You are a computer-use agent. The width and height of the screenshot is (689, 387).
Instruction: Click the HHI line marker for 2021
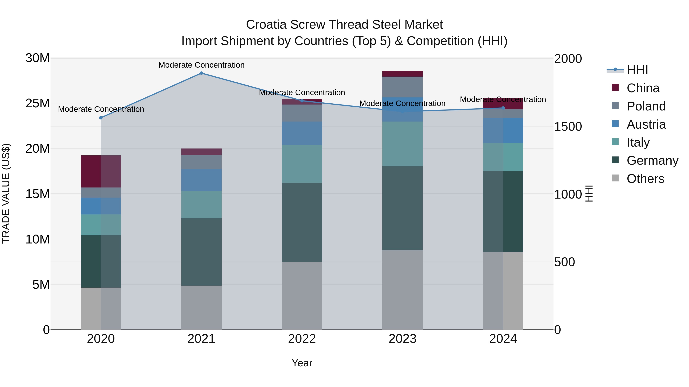point(201,73)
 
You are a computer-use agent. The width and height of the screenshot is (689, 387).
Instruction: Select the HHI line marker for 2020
point(101,118)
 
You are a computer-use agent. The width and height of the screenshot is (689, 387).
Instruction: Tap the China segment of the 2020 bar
point(101,171)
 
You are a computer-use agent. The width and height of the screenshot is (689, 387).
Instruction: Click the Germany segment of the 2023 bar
point(402,208)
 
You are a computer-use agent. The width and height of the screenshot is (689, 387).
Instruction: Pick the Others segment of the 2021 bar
point(201,307)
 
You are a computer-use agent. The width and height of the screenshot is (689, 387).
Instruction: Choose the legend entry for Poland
point(646,106)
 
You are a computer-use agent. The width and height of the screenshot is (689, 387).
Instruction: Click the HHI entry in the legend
point(637,70)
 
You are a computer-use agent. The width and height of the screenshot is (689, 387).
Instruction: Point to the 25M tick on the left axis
point(38,103)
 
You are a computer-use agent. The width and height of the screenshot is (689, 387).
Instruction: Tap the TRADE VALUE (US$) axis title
point(6,193)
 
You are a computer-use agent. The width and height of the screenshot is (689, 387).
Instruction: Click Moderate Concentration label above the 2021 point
point(201,65)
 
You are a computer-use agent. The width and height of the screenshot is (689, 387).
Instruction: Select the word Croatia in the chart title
point(266,25)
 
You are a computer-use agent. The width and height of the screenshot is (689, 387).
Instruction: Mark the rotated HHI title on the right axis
point(589,193)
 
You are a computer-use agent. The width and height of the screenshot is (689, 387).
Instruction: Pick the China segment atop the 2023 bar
point(402,74)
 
